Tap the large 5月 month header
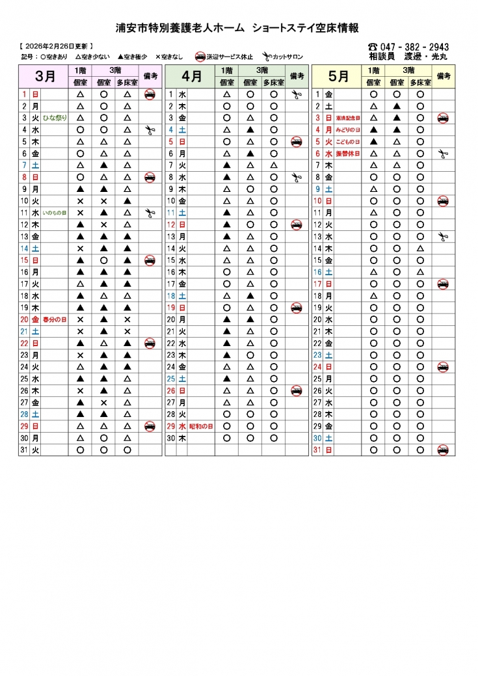point(338,76)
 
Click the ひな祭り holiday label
point(55,118)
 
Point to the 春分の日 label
point(55,319)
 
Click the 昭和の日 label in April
point(202,426)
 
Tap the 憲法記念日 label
point(348,118)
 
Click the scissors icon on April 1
point(297,94)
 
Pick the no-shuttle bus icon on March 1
point(150,94)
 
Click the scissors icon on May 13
point(443,236)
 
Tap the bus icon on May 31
point(443,450)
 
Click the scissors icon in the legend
point(267,57)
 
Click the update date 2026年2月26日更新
point(57,46)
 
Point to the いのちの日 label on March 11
point(55,213)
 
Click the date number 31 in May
point(317,450)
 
